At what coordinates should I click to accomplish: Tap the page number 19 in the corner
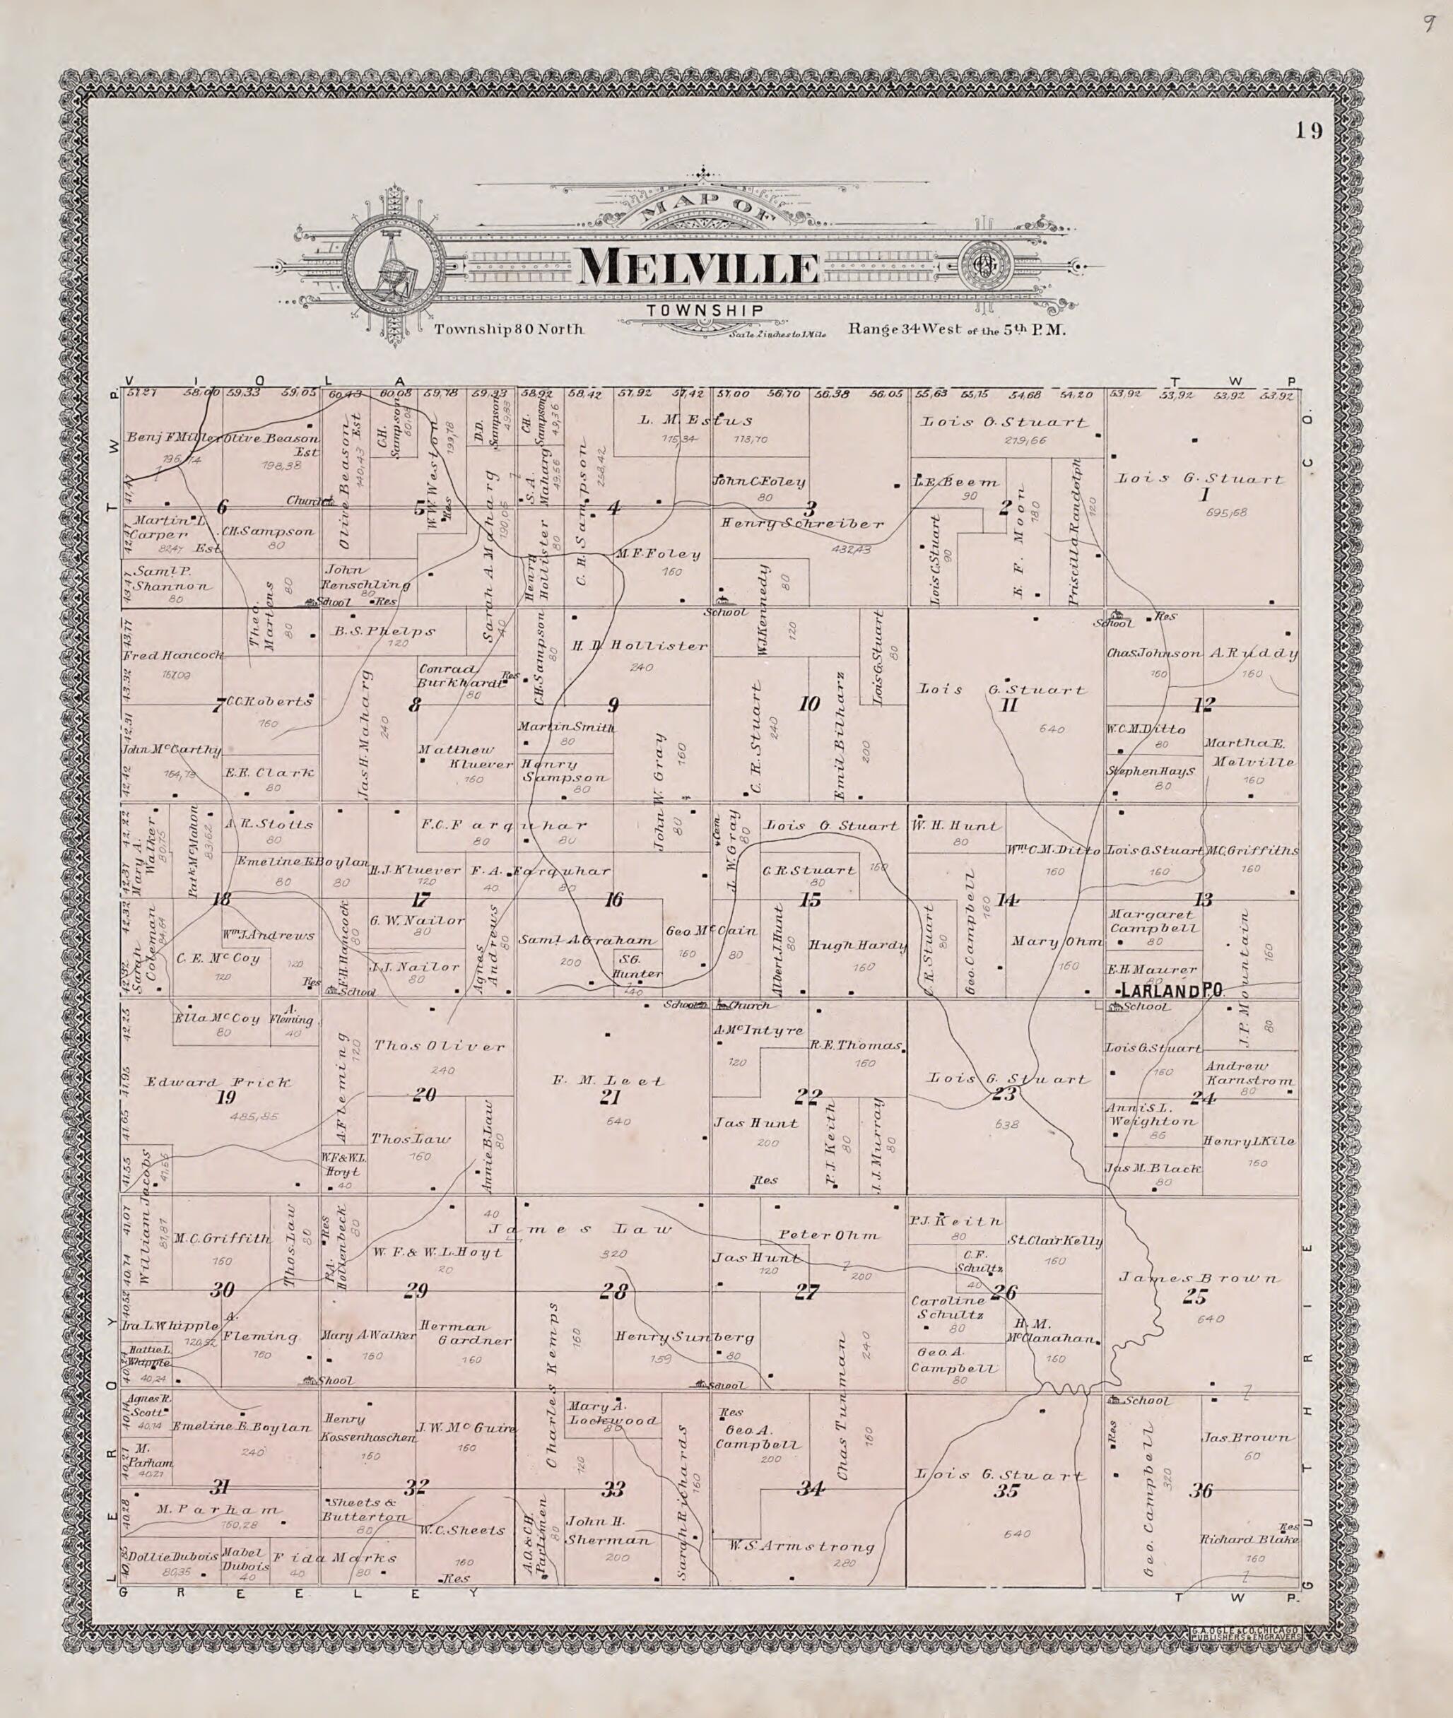click(1308, 131)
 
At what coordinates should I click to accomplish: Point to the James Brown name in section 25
click(1199, 1278)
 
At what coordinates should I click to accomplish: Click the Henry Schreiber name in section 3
click(802, 524)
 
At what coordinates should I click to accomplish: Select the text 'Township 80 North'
click(508, 329)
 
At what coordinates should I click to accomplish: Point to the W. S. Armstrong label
click(801, 1548)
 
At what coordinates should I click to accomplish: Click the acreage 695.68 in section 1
click(1225, 512)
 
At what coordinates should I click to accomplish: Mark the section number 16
click(613, 900)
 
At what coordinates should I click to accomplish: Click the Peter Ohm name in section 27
click(830, 1235)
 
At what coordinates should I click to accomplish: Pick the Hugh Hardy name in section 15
click(857, 946)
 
